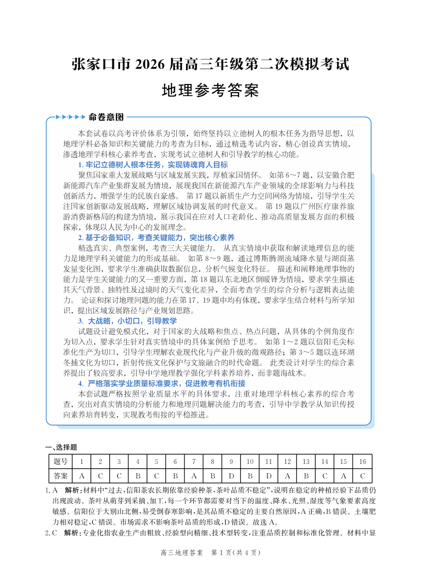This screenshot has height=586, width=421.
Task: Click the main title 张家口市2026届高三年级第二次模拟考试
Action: pos(210,65)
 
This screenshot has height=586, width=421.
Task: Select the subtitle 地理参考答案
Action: pos(210,91)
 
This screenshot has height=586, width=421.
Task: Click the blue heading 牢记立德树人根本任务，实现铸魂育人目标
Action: pos(153,165)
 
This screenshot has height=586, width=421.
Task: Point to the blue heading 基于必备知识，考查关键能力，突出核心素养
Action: pos(156,237)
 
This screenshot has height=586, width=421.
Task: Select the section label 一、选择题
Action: pos(61,447)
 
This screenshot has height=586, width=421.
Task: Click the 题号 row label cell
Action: pos(60,461)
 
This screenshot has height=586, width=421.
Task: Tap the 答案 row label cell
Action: pos(60,475)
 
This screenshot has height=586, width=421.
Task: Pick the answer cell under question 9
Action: pos(231,475)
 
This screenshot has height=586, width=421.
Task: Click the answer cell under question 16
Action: pos(362,475)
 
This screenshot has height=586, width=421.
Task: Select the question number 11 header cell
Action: pos(268,461)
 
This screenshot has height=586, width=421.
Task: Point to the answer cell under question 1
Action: pos(82,475)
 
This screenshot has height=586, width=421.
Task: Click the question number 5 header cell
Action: pos(157,461)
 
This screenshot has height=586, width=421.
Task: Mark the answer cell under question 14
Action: pos(325,475)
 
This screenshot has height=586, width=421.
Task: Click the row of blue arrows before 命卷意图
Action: pos(70,117)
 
